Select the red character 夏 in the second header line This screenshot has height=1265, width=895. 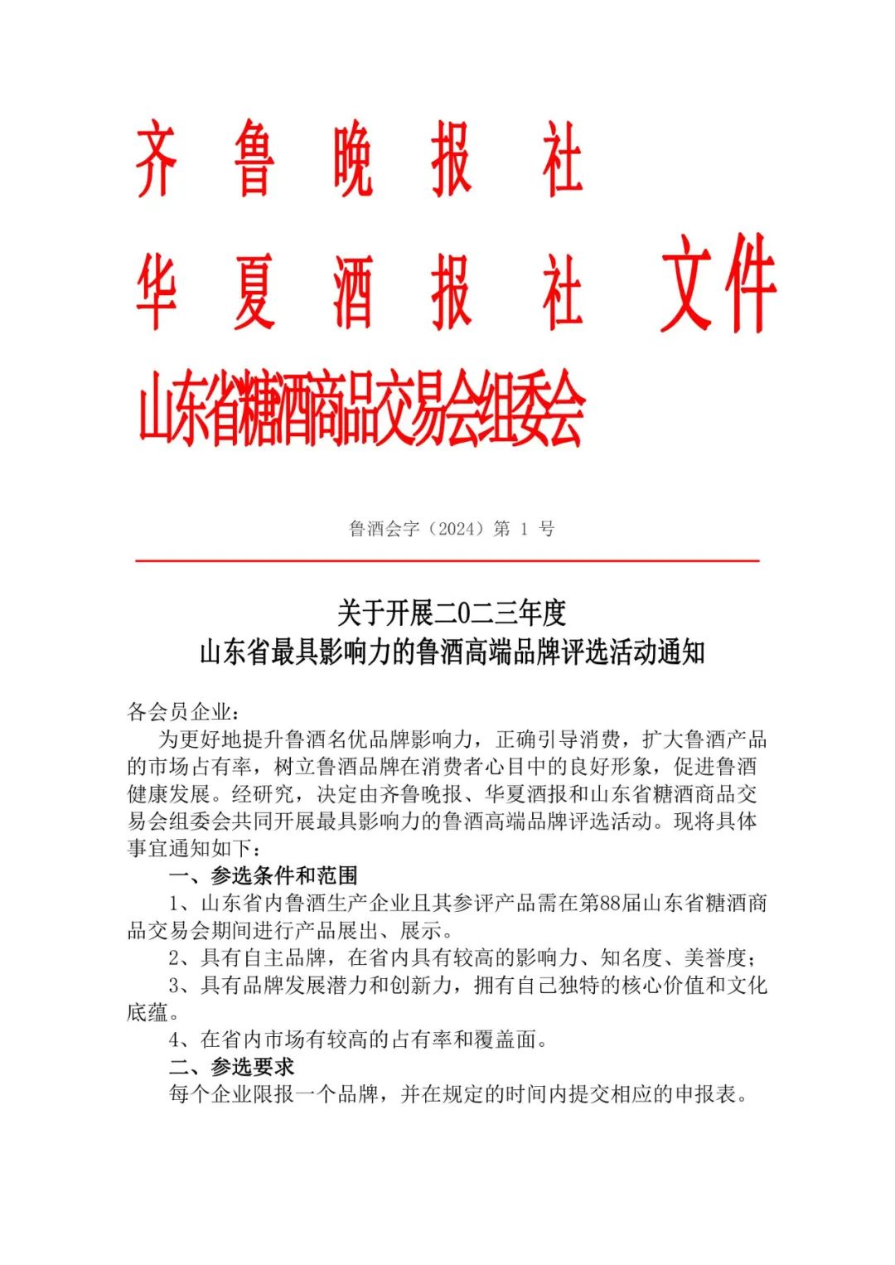tap(254, 292)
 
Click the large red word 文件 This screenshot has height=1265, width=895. tap(718, 284)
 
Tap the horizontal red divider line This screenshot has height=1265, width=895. tap(447, 561)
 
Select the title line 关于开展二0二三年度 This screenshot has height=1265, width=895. tap(452, 613)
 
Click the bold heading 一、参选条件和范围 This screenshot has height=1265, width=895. tap(263, 875)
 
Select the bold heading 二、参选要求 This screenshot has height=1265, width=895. tap(231, 1066)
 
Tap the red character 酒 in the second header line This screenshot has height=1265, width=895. tap(352, 292)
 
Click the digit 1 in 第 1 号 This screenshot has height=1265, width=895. tap(524, 529)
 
